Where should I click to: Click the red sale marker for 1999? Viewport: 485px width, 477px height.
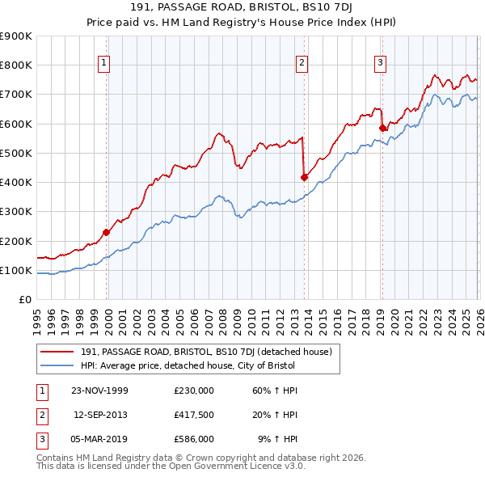click(107, 232)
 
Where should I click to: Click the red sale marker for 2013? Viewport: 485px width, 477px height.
click(304, 177)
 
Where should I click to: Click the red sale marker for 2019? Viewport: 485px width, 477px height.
click(382, 127)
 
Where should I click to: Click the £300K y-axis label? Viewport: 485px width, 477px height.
click(16, 212)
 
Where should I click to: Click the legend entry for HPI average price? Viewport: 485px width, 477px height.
click(188, 365)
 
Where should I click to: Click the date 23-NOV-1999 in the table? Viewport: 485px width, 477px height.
click(100, 390)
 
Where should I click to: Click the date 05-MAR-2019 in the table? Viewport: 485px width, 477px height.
click(100, 439)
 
